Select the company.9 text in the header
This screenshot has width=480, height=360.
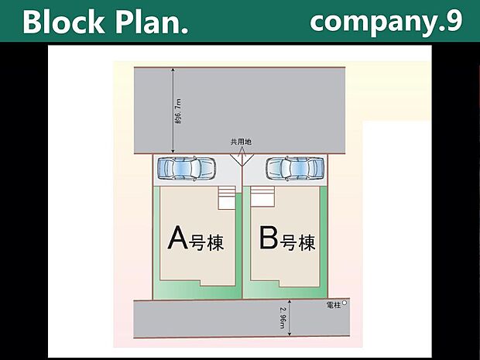coord(386,22)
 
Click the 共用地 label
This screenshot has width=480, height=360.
coord(241,142)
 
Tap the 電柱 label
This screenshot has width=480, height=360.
coord(334,304)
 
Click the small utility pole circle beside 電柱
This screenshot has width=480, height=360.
coord(345,303)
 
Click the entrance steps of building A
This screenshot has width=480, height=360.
coord(226,198)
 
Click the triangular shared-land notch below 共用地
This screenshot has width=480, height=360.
coord(241,157)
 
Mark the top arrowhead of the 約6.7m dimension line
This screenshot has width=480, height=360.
coord(173,70)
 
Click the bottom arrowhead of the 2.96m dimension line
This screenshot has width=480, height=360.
coord(290,334)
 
